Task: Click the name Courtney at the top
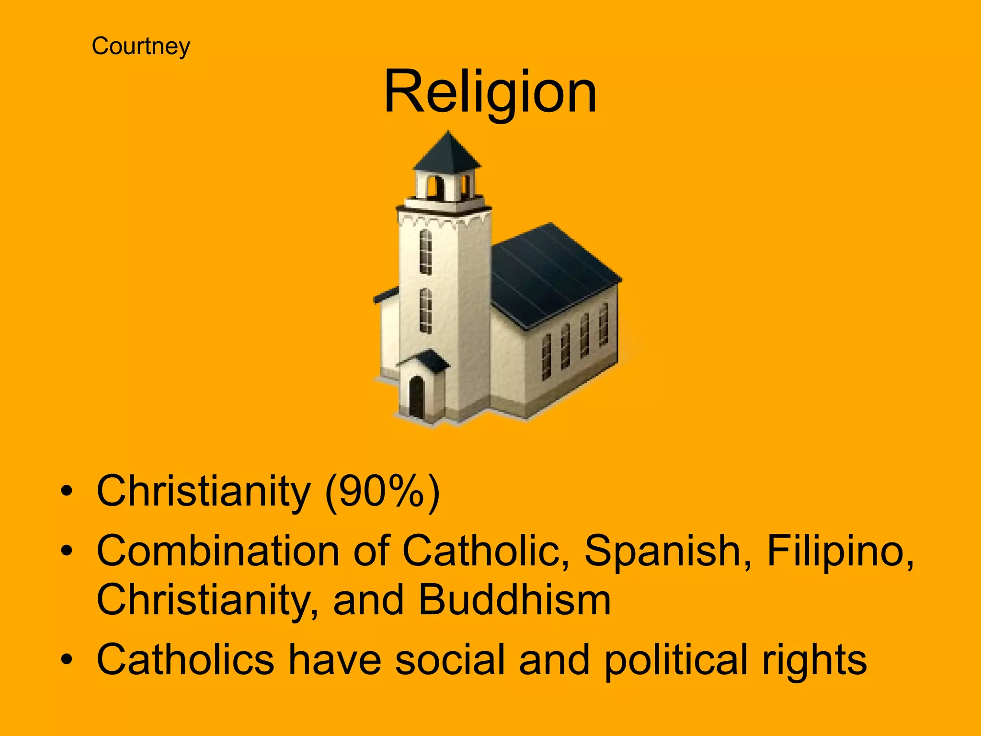click(141, 46)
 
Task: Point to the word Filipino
click(840, 551)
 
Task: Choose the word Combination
click(218, 551)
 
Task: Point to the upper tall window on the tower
click(425, 252)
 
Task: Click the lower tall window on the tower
click(425, 310)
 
